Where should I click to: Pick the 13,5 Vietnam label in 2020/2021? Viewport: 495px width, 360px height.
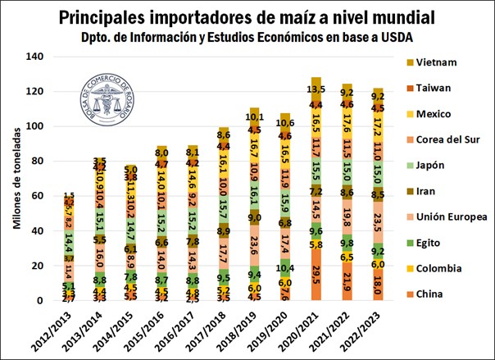pyautogui.click(x=316, y=89)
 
